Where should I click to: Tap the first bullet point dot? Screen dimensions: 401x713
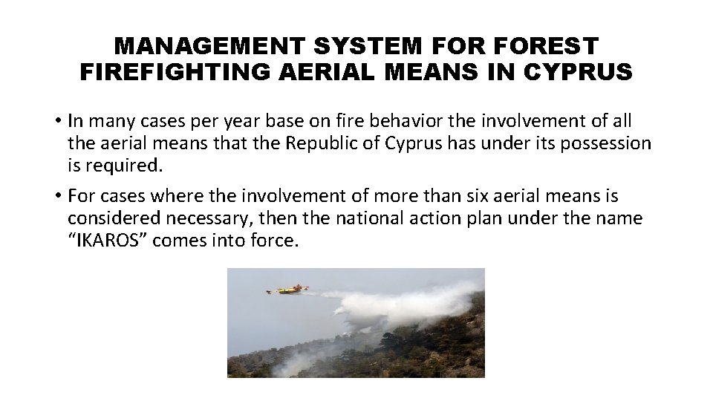point(56,121)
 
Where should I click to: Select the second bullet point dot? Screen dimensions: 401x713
point(56,197)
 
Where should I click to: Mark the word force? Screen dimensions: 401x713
point(275,241)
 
